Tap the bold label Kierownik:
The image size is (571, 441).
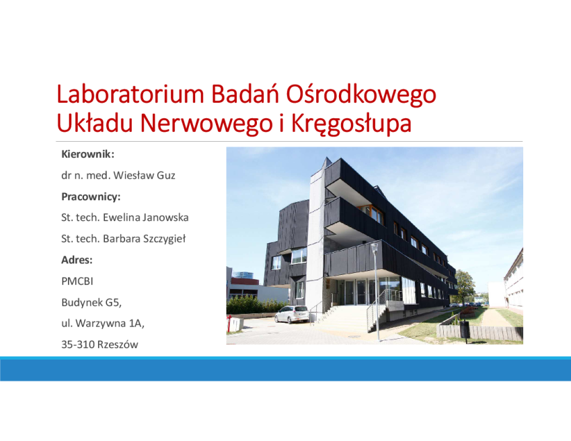pos(87,154)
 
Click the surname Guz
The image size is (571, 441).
pos(166,175)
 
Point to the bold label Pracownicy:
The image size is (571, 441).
pos(91,197)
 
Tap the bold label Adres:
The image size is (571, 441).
pos(77,260)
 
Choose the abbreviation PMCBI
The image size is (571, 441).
pos(77,281)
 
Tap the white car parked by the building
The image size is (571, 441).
pos(292,315)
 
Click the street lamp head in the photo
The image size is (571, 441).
pos(375,247)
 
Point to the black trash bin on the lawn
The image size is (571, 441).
pos(464,329)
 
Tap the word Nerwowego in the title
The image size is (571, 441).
pos(206,123)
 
